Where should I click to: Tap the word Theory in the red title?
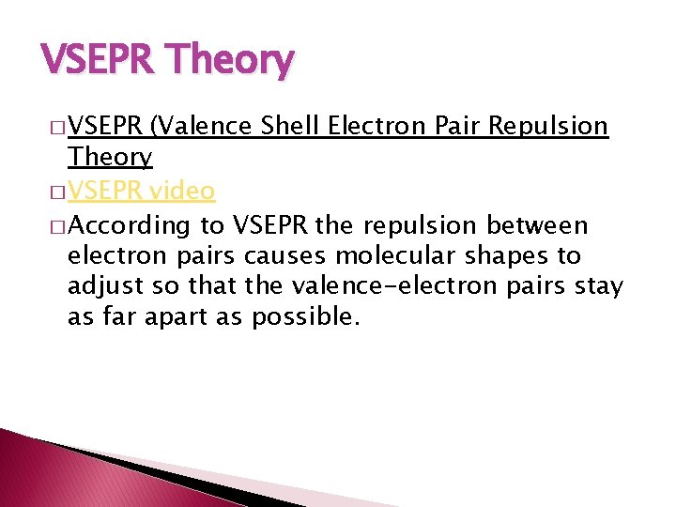tap(230, 62)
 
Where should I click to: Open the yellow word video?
tap(182, 192)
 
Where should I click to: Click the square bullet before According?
tap(57, 226)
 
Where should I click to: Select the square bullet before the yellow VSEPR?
tap(57, 192)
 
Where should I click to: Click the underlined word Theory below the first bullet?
tap(110, 157)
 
